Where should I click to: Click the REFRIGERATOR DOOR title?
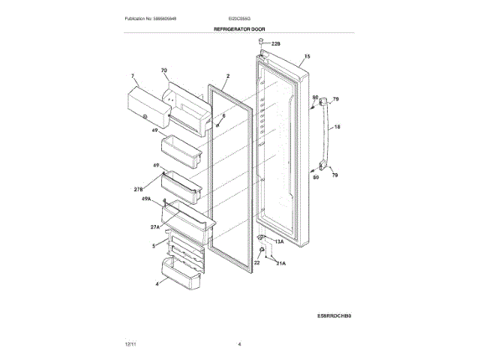coord(239,28)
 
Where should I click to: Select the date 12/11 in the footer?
coord(130,343)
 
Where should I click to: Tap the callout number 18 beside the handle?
coord(337,127)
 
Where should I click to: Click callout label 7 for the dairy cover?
coord(132,76)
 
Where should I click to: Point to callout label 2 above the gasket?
coord(227,76)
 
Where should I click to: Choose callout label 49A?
coord(148,199)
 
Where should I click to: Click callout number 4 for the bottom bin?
coord(157,284)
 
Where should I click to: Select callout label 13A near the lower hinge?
coord(279,242)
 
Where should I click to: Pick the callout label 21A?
coord(280,264)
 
